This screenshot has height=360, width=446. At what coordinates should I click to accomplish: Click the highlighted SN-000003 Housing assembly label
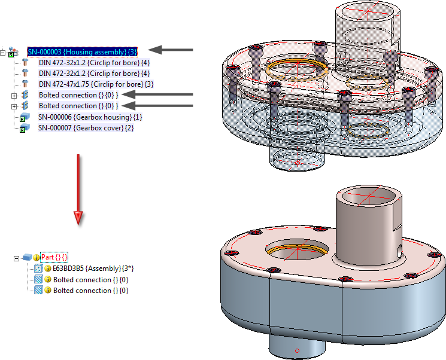(x=82, y=51)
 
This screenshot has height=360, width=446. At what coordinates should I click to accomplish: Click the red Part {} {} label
(x=54, y=257)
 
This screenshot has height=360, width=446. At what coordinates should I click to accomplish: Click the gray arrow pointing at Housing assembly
(x=171, y=50)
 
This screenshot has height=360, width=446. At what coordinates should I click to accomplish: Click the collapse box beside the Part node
(x=16, y=258)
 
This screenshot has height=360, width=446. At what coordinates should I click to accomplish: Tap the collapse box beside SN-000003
(x=4, y=53)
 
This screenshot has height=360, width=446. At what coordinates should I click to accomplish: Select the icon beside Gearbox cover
(x=25, y=128)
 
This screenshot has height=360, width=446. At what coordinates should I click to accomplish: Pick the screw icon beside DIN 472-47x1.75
(x=25, y=84)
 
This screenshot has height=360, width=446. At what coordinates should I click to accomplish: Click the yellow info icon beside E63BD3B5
(x=48, y=269)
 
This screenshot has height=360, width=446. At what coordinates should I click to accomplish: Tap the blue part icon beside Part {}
(x=27, y=258)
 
